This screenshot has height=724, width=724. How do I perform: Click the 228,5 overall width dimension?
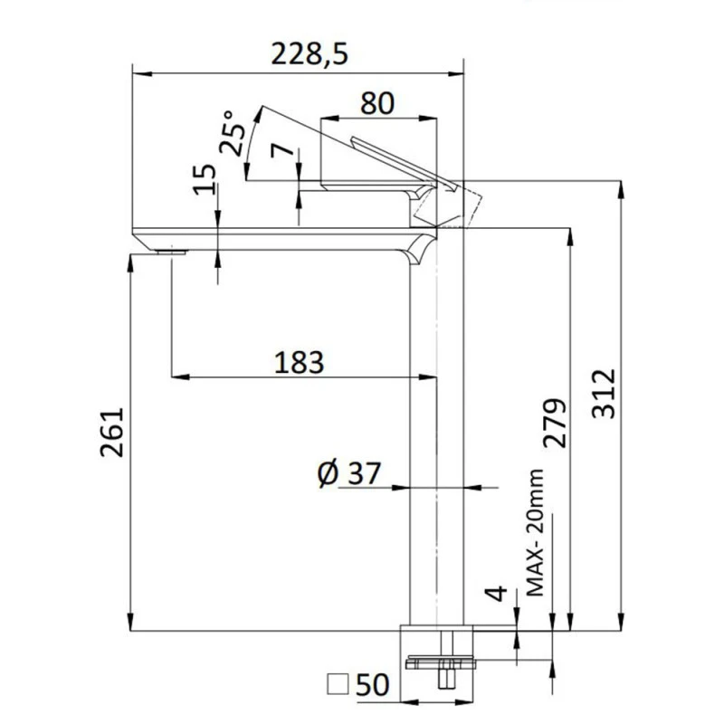pos(310,53)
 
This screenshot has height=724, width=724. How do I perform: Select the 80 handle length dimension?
pos(376,102)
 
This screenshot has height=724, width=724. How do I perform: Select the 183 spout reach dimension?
pos(298,362)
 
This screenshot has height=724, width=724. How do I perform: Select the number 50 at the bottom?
pos(372,685)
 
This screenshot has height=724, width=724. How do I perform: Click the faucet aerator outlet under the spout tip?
pos(169,252)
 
